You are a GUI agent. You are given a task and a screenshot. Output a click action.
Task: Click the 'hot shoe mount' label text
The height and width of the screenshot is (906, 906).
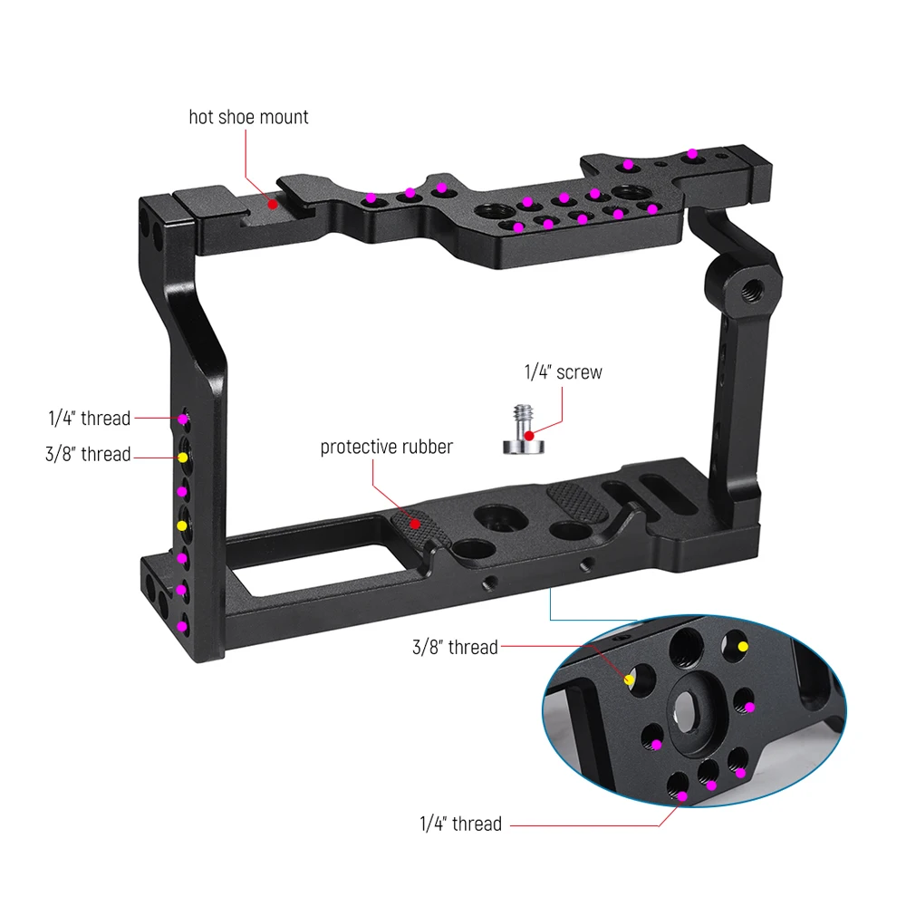248,117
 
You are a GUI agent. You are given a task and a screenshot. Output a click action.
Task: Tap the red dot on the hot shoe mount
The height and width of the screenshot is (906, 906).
273,205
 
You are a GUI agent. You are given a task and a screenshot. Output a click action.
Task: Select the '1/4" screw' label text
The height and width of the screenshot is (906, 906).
563,372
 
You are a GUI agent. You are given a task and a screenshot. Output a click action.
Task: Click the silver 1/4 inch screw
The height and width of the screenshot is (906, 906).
524,429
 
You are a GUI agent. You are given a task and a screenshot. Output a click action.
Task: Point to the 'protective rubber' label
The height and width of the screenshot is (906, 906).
387,447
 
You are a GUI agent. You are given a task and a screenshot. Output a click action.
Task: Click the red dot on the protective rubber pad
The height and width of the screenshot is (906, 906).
415,524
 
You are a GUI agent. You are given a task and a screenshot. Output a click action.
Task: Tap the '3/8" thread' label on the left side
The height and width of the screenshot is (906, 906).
88,454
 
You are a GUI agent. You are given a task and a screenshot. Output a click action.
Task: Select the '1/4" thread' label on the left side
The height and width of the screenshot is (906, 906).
90,418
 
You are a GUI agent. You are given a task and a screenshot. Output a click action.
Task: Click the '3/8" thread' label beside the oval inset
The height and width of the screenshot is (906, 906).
455,647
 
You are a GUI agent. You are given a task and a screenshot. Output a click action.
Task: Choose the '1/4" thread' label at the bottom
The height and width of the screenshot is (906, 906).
460,824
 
